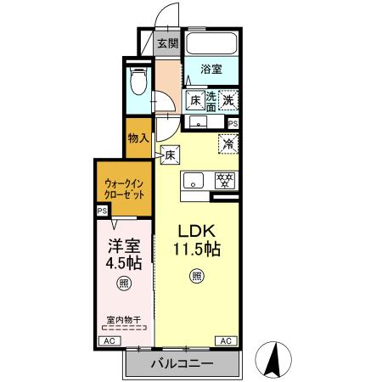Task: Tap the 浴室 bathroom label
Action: (211, 70)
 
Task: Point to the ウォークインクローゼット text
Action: (124, 188)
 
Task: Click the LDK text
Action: (197, 232)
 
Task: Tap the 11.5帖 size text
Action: (197, 251)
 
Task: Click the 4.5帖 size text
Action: (123, 265)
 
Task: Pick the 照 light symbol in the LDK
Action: (197, 275)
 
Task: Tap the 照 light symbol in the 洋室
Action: (123, 284)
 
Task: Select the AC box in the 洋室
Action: (108, 340)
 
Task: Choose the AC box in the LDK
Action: (227, 340)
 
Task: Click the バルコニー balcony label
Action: (183, 364)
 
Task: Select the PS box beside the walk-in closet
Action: (102, 211)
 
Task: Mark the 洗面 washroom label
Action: (211, 99)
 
